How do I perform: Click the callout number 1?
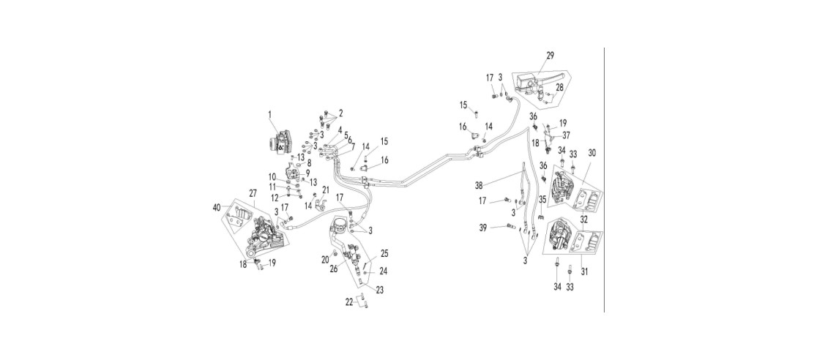point(270,113)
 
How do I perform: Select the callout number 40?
point(217,207)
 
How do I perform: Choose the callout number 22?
point(351,301)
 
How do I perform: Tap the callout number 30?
point(592,153)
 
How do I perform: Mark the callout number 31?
point(584,271)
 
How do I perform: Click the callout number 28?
point(559,87)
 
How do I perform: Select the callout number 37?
point(566,135)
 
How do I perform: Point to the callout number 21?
point(326,189)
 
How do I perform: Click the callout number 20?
point(326,259)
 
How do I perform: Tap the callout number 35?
point(542,198)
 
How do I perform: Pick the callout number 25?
point(384,254)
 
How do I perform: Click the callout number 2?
point(340,113)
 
